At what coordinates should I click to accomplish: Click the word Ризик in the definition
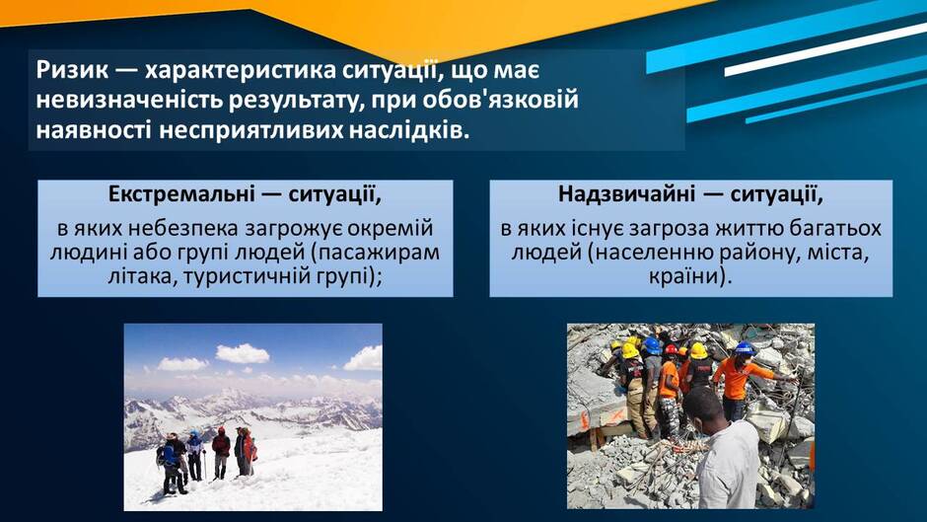click(72, 70)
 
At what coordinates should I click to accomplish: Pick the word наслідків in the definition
click(408, 129)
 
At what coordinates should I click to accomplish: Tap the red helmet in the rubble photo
click(671, 349)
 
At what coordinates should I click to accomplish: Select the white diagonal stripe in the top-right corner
click(825, 49)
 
